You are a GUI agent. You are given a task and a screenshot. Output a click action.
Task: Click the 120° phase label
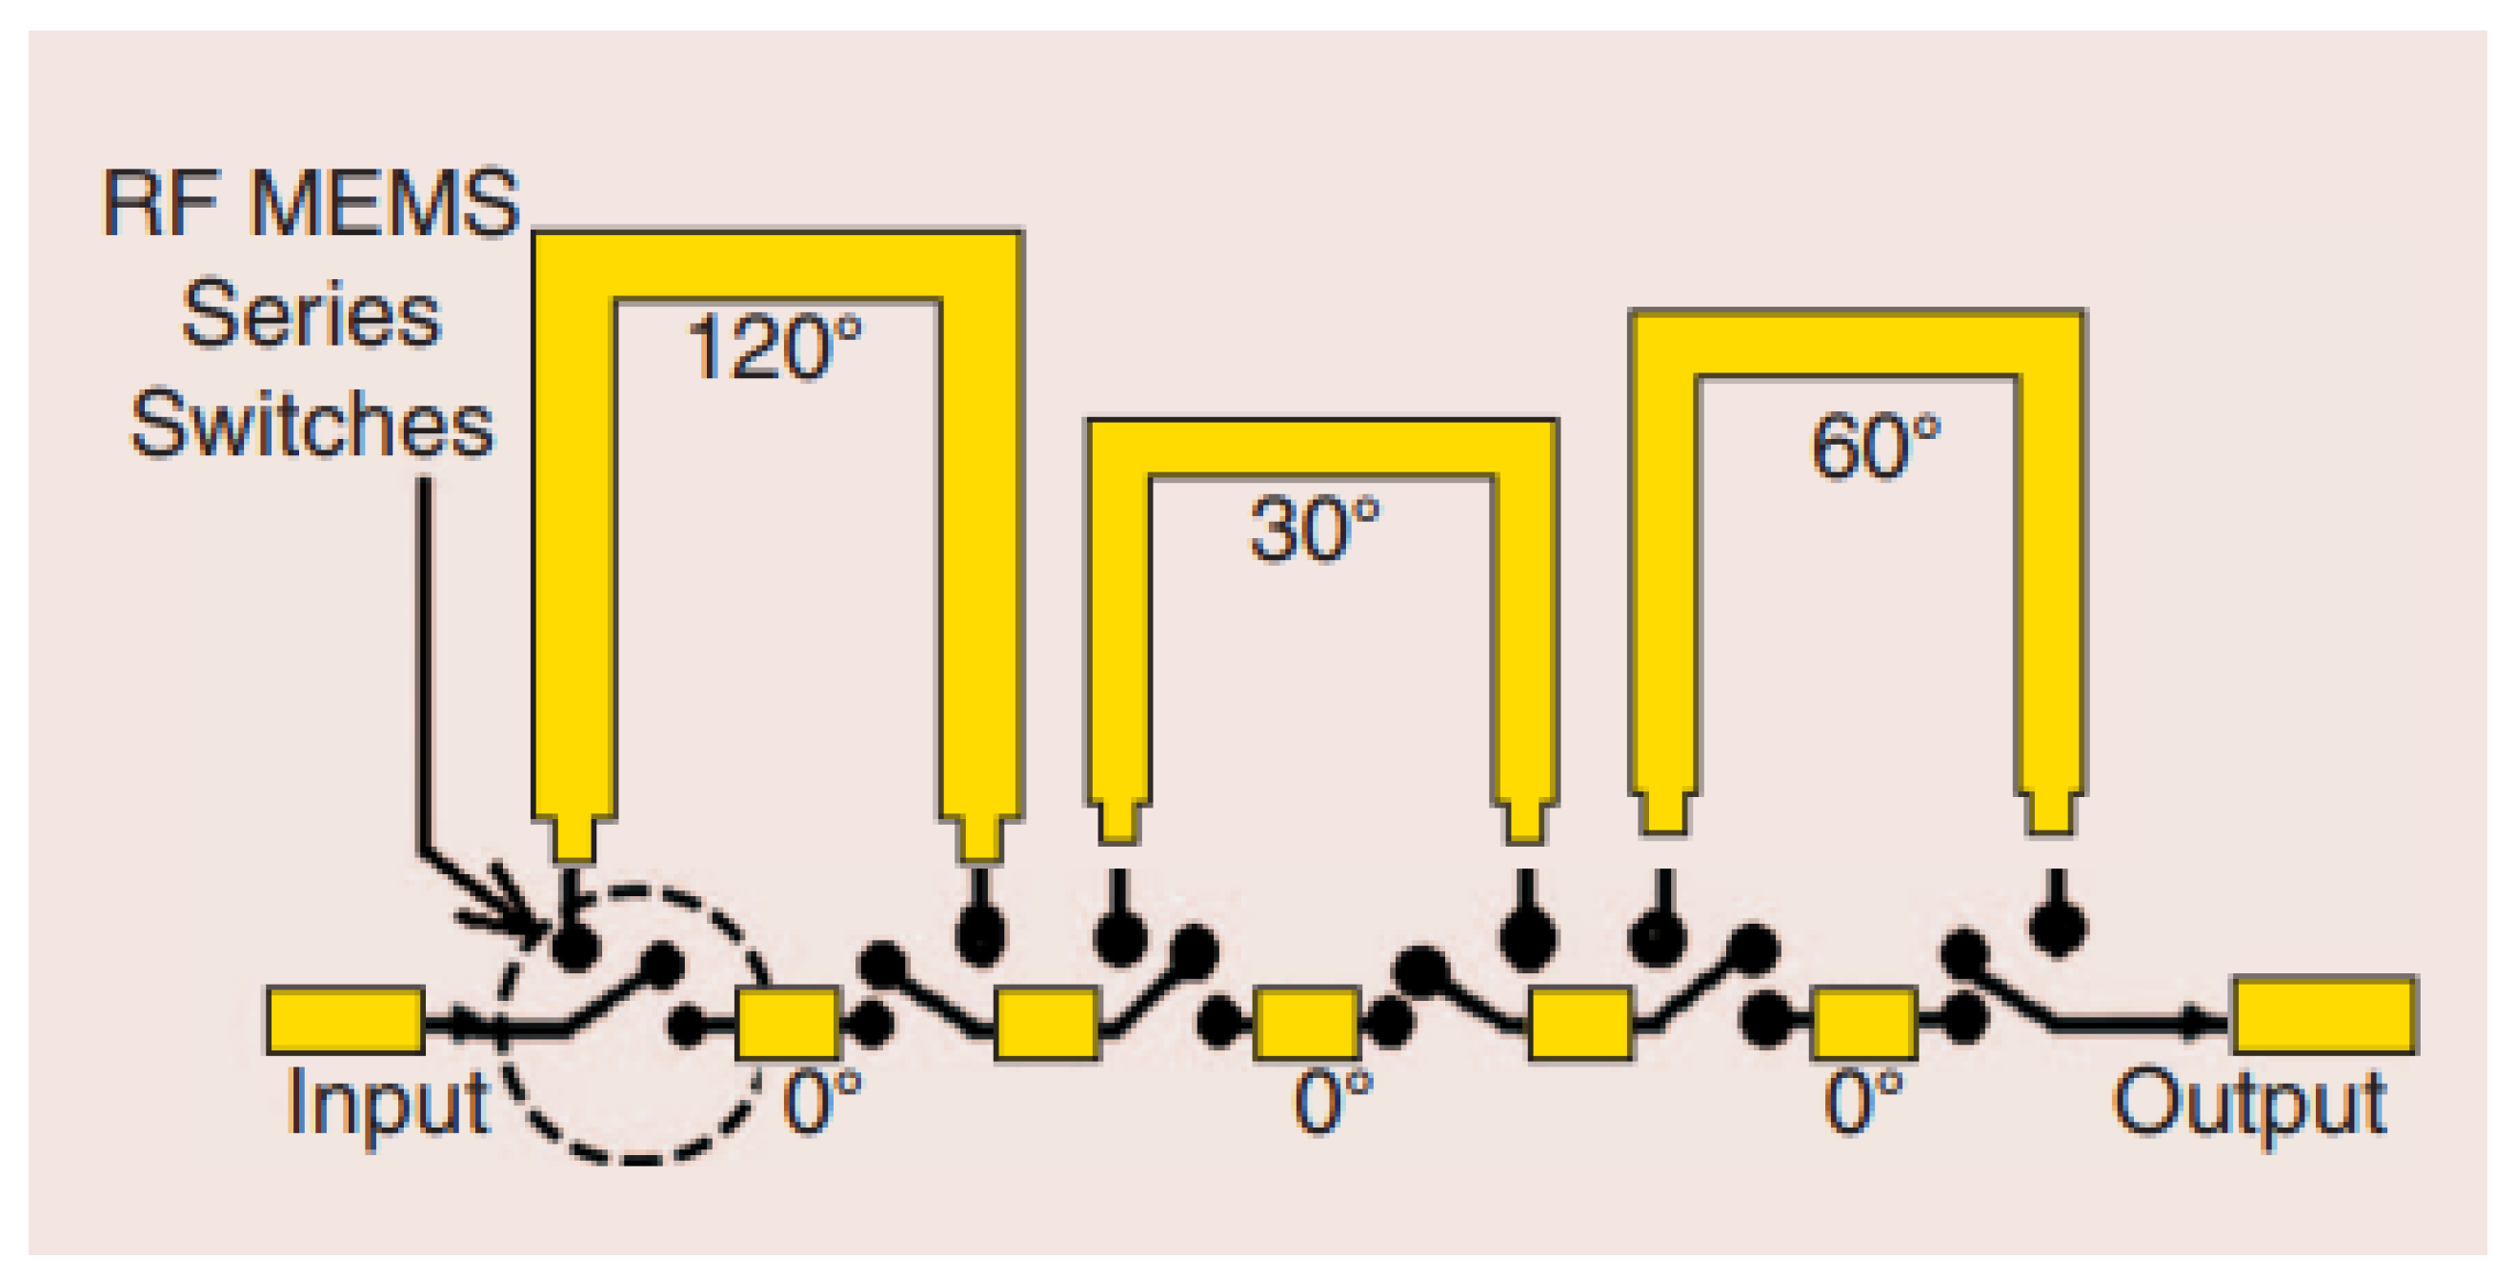(775, 347)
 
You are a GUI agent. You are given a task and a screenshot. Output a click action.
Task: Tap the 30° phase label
(1315, 529)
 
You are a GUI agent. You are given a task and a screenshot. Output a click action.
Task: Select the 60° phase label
(1876, 447)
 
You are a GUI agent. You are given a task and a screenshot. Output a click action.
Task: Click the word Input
(388, 1103)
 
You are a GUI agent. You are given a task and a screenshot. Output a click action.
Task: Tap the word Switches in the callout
(312, 424)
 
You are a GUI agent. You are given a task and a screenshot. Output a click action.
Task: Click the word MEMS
(385, 203)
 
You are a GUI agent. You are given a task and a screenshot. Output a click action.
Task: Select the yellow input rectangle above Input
(346, 1021)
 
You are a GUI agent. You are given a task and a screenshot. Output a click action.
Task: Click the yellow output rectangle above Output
(2324, 1015)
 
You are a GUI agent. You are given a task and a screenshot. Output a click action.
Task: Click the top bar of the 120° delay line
(777, 266)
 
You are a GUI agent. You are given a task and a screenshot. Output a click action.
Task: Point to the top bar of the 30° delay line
(1322, 449)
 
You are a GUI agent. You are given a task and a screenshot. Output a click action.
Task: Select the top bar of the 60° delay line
(1857, 342)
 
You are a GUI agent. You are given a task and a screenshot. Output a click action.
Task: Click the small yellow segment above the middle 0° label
(1307, 1023)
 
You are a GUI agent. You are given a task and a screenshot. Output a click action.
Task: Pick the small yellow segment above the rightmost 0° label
(1863, 1023)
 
